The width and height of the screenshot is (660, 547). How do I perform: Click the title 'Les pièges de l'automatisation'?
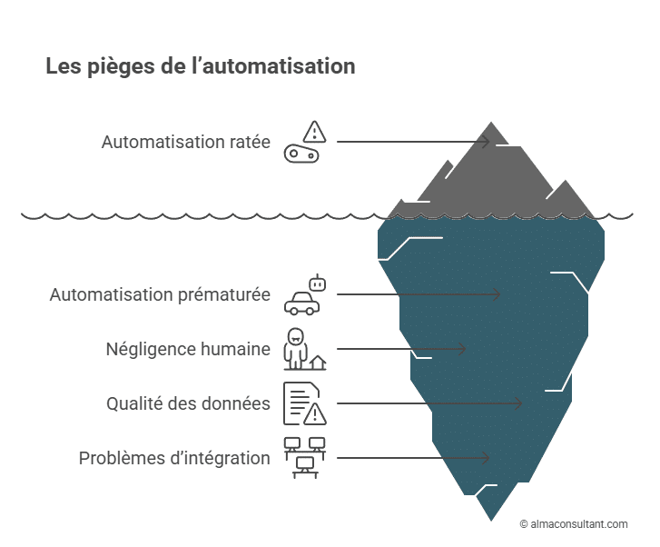(200, 67)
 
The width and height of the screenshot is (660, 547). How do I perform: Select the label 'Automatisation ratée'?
(186, 142)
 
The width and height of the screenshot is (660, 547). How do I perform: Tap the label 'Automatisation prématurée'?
(160, 294)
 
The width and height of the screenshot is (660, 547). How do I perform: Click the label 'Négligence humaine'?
(188, 349)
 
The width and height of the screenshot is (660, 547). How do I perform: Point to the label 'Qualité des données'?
(188, 403)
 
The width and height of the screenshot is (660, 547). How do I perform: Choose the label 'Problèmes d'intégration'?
(174, 458)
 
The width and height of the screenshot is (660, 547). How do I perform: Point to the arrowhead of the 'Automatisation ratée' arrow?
(487, 142)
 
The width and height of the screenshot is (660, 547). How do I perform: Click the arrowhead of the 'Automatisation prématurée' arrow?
(497, 294)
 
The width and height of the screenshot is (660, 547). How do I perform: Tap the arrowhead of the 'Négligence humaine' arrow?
(462, 349)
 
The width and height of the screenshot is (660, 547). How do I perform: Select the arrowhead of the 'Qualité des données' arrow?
(519, 403)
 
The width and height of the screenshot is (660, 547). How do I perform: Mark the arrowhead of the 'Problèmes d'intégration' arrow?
(487, 458)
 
